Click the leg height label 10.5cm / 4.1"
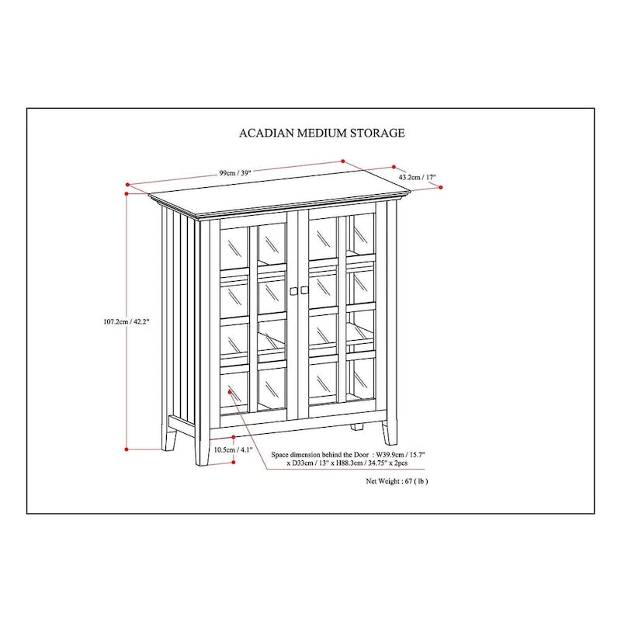(x=232, y=449)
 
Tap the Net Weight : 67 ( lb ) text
(x=397, y=481)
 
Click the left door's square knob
(x=294, y=290)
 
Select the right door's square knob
(x=305, y=290)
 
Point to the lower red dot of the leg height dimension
(x=234, y=462)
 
